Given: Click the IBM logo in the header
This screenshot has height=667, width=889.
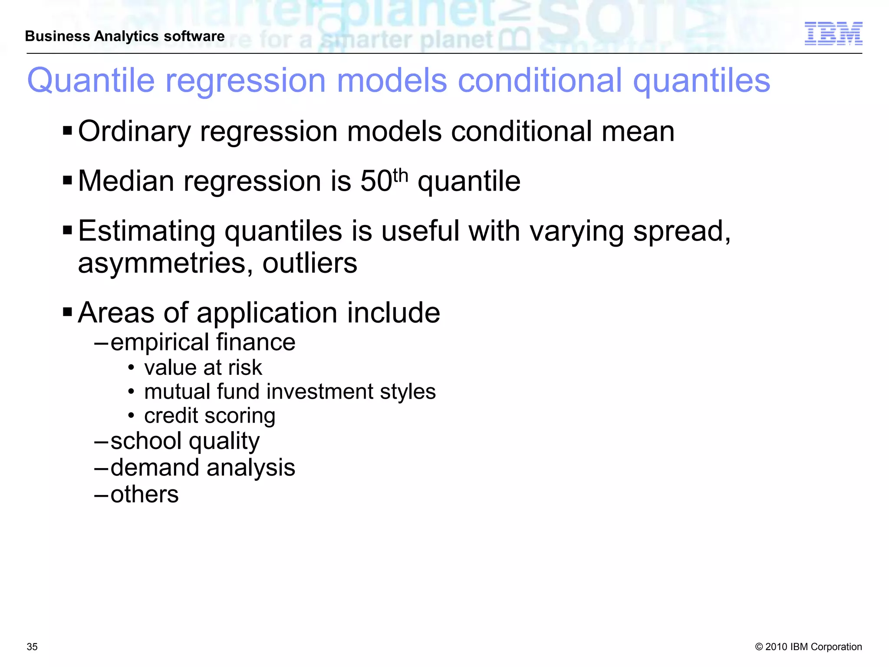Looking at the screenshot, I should point(833,33).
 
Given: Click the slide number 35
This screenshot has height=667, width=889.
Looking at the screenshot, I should point(32,647).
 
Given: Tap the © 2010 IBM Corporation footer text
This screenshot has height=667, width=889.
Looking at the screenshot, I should point(808,647).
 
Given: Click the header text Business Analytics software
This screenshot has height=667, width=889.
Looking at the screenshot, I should point(125,36).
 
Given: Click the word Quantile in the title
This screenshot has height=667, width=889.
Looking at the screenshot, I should point(91,81).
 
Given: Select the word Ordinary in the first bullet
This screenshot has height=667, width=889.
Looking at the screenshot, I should point(134,132).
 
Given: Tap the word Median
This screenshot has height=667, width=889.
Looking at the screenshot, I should point(126,181).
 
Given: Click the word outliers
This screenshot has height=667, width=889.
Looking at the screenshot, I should point(310,263).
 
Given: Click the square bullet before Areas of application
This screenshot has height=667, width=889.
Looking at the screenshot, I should point(67,312).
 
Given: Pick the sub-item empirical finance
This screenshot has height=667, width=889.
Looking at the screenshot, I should point(203,342).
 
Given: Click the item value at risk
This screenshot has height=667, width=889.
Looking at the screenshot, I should point(203,368).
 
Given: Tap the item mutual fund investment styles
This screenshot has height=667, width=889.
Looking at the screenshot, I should point(290,392).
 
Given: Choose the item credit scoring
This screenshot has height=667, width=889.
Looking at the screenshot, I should point(210,416).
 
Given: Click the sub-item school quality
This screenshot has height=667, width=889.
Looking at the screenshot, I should point(185,441).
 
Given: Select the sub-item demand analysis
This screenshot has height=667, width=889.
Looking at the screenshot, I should point(203,468).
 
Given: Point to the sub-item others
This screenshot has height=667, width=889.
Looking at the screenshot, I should point(145,495).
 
